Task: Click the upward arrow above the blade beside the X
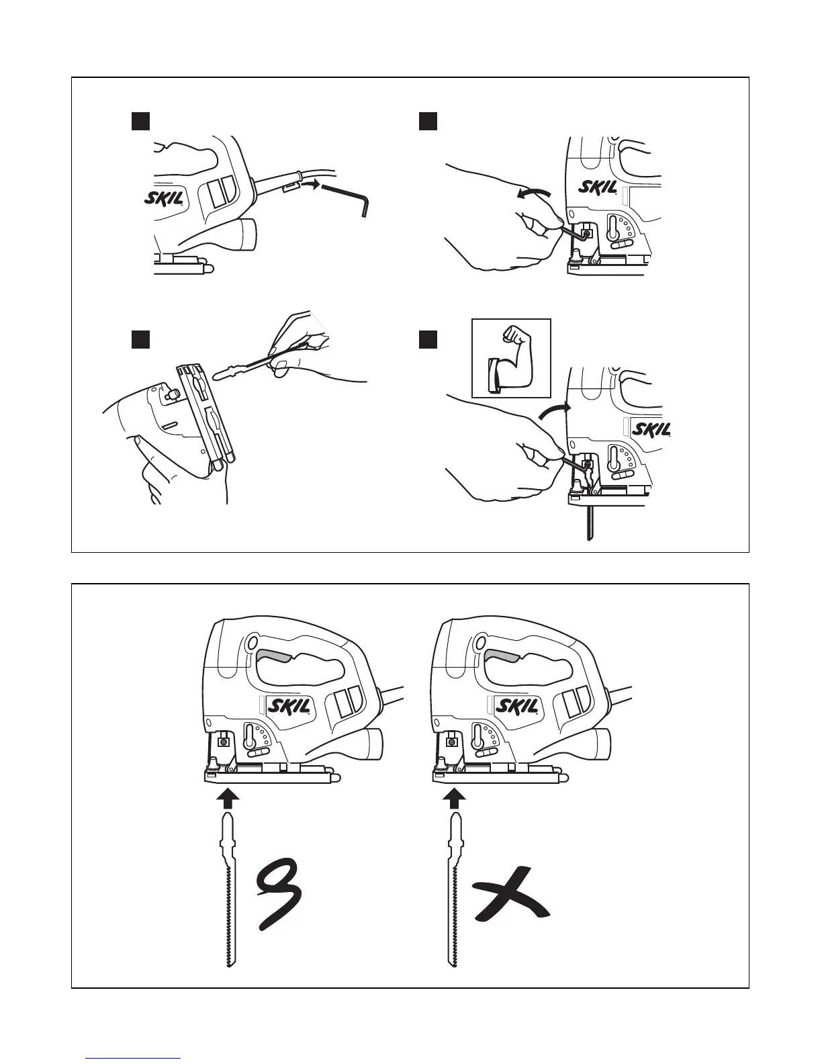tap(456, 797)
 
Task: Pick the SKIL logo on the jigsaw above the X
tap(516, 706)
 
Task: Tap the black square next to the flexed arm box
tap(428, 340)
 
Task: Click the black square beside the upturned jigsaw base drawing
tap(139, 339)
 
